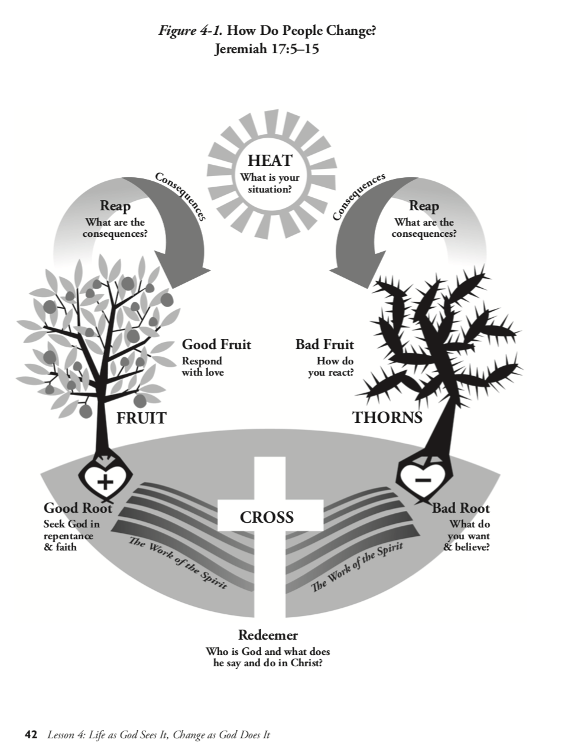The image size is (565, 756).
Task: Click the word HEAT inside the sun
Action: (269, 161)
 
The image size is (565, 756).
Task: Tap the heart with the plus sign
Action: (105, 481)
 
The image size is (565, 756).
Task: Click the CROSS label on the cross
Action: (267, 517)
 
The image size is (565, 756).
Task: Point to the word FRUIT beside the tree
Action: (141, 418)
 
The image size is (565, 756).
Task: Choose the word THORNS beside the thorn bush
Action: (387, 418)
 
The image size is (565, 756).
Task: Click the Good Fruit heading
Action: (216, 344)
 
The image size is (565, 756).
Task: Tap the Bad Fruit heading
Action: (324, 344)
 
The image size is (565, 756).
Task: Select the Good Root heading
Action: (77, 508)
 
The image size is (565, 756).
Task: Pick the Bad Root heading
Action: (460, 508)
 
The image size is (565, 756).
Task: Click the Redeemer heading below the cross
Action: (268, 635)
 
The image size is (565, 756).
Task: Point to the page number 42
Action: (31, 735)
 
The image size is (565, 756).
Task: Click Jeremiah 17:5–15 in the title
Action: (267, 48)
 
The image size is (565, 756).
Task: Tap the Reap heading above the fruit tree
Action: (115, 206)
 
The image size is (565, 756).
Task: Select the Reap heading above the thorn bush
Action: (424, 206)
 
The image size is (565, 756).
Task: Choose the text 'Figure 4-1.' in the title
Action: (190, 31)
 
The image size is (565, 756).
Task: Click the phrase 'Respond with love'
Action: (203, 367)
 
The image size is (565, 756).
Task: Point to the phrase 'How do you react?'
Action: (331, 367)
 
